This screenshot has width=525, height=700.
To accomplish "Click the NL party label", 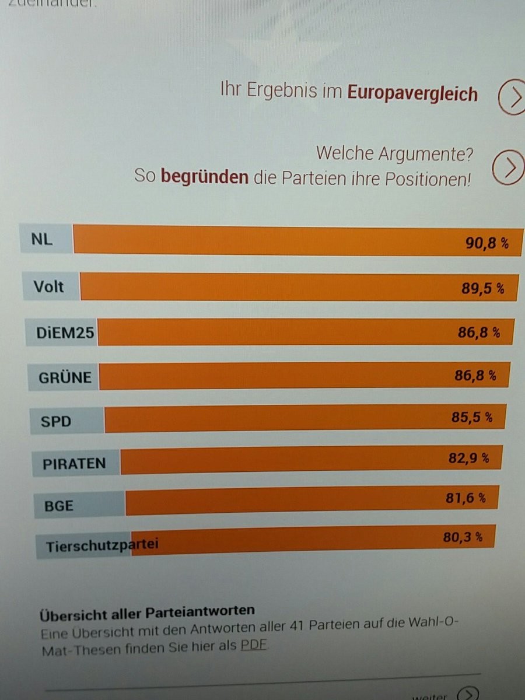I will click(42, 239).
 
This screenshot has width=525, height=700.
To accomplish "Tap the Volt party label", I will click(49, 286).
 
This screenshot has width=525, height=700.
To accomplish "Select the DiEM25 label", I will click(65, 332).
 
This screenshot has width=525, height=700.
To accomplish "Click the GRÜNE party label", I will click(65, 377).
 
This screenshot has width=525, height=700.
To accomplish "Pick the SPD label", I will click(55, 421).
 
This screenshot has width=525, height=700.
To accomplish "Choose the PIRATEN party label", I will click(74, 464).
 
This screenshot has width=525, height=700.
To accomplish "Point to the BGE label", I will click(59, 506).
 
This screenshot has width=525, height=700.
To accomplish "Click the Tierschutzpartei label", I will click(102, 546).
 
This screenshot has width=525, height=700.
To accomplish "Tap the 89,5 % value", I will click(482, 289).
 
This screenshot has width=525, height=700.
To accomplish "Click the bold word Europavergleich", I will click(412, 93).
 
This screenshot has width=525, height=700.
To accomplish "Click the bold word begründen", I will click(204, 177).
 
